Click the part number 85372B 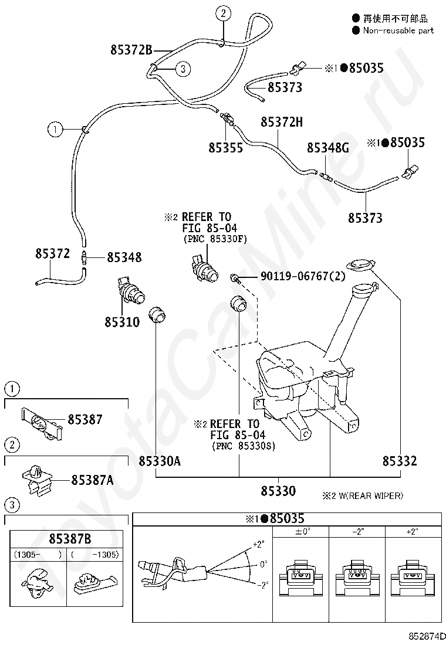tap(131, 50)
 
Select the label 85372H tap(282, 122)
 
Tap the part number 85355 tap(225, 148)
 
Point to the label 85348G tap(328, 148)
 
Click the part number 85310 tap(122, 322)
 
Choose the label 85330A tap(160, 461)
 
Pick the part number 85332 tap(400, 461)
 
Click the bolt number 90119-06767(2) tap(302, 276)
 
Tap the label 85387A tap(92, 480)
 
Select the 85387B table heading tap(70, 539)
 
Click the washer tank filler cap tap(360, 265)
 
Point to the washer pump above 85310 tap(131, 288)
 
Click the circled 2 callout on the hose tap(223, 13)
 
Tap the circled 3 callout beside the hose tap(183, 69)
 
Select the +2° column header tap(413, 532)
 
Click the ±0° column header tap(302, 532)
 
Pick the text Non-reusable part tap(398, 30)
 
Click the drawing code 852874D tap(426, 637)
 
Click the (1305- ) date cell tap(38, 554)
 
